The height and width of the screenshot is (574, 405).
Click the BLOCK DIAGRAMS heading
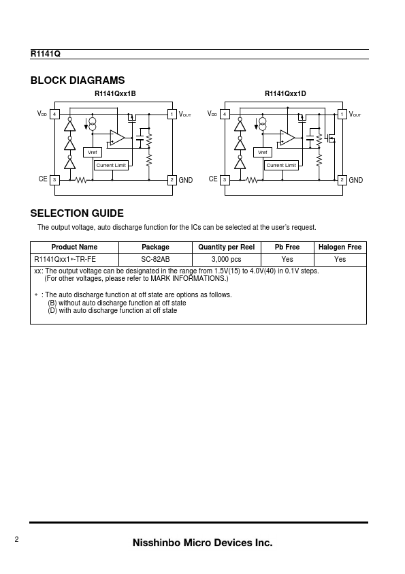78,80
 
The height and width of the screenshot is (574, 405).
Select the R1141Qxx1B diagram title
115,93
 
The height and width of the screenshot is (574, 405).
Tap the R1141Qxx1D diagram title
285,93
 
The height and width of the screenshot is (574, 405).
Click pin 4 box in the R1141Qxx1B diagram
54,115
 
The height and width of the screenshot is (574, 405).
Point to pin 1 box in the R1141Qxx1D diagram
342,115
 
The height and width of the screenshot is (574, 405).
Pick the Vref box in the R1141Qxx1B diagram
93,152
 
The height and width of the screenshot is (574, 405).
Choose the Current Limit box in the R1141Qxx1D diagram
281,166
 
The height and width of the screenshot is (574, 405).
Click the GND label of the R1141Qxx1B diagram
186,180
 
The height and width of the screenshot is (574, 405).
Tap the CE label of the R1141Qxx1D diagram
213,179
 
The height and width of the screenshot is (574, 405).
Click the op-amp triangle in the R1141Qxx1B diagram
117,138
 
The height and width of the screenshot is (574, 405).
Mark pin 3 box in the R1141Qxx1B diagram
54,180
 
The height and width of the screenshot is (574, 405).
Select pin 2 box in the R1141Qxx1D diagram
342,180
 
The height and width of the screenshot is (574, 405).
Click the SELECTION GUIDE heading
77,213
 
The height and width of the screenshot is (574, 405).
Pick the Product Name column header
74,247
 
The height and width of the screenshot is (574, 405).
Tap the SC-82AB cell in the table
155,259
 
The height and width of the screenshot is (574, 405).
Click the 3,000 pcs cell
226,259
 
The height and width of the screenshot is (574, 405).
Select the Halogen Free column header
340,247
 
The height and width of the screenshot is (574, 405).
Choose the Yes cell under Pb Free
287,259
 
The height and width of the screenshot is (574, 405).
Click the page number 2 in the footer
16,539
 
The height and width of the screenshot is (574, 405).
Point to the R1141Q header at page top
46,54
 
